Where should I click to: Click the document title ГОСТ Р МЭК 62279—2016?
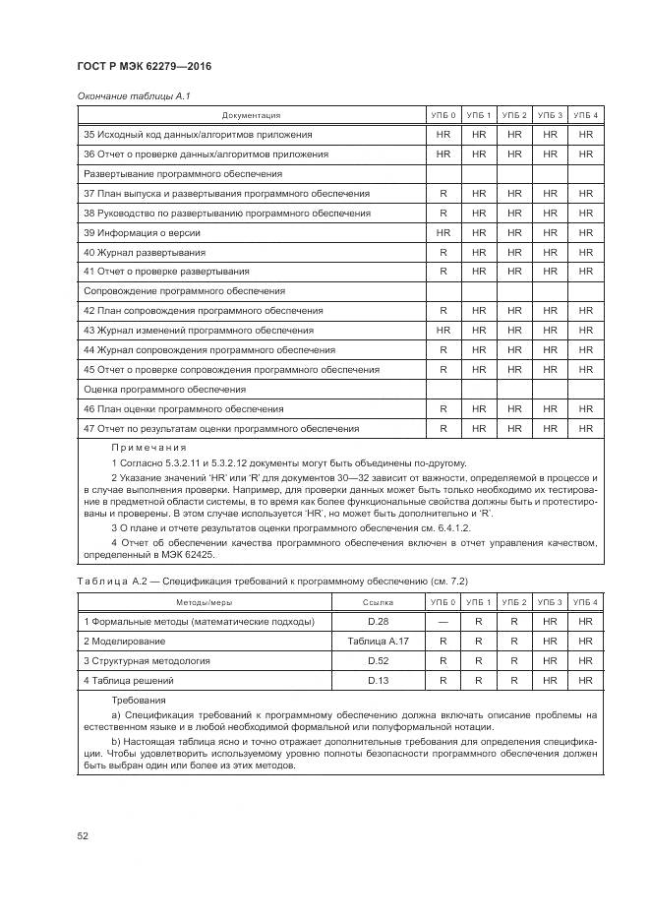click(144, 66)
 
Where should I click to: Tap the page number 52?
click(84, 835)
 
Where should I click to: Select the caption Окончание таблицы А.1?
click(126, 95)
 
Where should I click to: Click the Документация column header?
click(251, 115)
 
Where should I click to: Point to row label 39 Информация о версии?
click(142, 232)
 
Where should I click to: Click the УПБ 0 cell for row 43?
click(443, 330)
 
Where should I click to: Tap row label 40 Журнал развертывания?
click(145, 252)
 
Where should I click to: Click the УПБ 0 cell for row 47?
click(443, 428)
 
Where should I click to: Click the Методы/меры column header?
click(206, 601)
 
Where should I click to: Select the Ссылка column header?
click(378, 601)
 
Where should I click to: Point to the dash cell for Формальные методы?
click(443, 622)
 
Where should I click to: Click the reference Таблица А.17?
click(378, 641)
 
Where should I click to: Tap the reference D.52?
click(378, 660)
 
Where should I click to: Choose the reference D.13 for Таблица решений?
click(378, 680)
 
